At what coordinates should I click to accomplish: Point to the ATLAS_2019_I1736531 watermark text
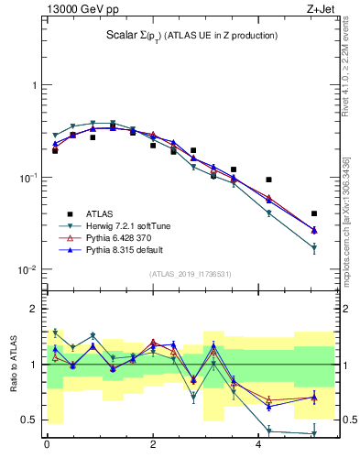(x=191, y=274)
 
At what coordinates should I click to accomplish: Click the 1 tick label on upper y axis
(x=34, y=85)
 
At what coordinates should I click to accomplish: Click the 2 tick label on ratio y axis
(x=34, y=309)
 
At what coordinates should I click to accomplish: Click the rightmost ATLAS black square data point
(x=314, y=213)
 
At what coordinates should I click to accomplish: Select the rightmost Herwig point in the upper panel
(x=314, y=248)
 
